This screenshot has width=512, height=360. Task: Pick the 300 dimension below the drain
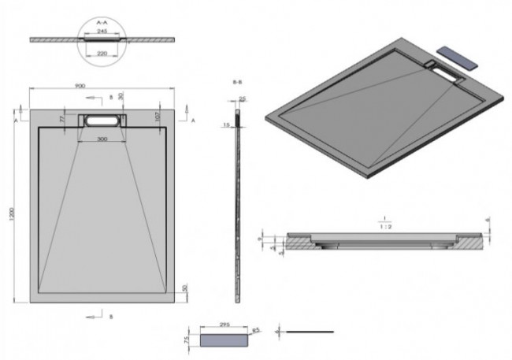(103, 139)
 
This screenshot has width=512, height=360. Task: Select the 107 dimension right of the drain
(158, 117)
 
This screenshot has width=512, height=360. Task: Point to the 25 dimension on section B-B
(242, 99)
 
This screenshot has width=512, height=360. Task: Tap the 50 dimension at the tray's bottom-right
(183, 289)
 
